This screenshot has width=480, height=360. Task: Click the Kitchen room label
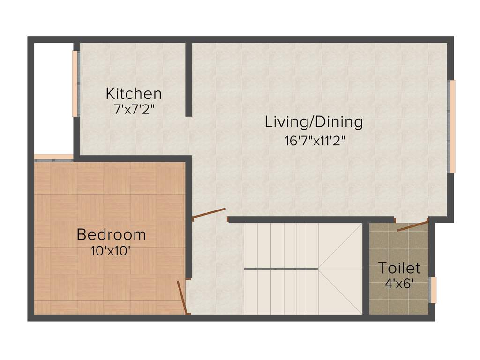[134, 93]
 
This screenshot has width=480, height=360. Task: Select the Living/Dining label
[314, 122]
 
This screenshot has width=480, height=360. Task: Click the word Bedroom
[111, 234]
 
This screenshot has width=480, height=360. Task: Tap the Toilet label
[399, 268]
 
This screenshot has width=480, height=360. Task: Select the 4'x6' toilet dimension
[399, 283]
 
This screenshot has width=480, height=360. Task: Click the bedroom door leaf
[182, 298]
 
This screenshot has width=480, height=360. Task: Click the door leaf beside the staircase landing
[209, 213]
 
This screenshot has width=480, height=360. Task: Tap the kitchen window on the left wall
[75, 83]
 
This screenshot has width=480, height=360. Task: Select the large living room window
[452, 127]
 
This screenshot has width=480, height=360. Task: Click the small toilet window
[434, 290]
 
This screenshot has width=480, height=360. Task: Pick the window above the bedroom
[53, 157]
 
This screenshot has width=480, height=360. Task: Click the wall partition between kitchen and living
[188, 80]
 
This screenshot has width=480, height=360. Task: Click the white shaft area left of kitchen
[53, 98]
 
